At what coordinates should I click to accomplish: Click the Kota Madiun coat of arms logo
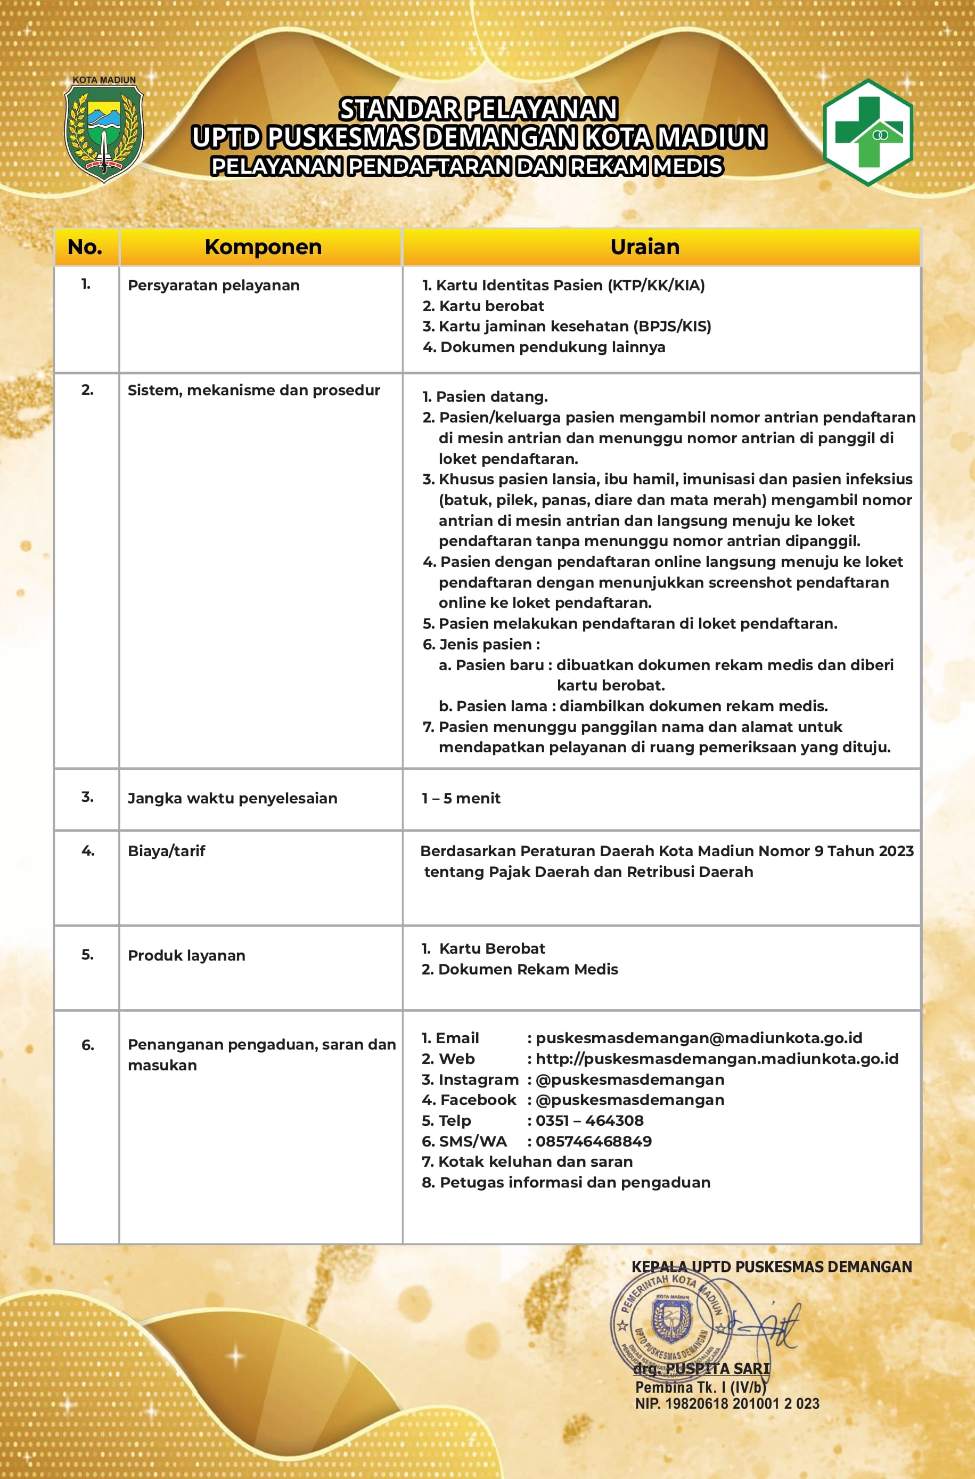104,131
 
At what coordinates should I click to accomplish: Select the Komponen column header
263,247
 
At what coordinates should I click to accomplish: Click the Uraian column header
645,247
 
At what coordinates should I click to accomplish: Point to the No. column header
85,247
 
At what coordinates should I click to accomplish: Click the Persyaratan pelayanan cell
214,286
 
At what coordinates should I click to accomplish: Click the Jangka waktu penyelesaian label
232,799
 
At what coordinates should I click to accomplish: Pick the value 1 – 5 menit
461,799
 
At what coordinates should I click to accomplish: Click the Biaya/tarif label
166,851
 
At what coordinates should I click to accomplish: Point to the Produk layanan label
186,955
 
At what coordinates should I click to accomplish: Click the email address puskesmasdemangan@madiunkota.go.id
698,1038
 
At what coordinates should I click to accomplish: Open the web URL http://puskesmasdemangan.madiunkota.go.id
716,1059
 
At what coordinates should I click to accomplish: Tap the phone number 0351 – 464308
589,1121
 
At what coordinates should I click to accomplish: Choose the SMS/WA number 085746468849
593,1141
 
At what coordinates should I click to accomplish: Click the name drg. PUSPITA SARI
701,1368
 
